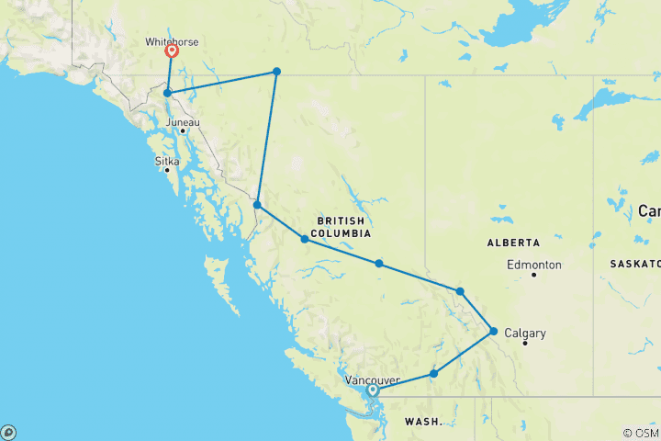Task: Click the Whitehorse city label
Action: click(x=172, y=41)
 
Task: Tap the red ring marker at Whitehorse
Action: click(x=172, y=52)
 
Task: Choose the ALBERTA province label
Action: click(x=513, y=242)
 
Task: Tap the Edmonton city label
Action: click(x=534, y=265)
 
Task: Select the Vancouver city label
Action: click(x=373, y=379)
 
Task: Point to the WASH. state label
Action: click(x=423, y=422)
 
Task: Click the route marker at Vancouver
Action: click(x=373, y=390)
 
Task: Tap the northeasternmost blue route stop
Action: click(x=276, y=72)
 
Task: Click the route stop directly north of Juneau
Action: click(x=167, y=93)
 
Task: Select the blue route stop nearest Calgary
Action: click(x=494, y=331)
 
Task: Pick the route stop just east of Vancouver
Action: click(x=433, y=374)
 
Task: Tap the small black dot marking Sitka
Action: click(x=167, y=170)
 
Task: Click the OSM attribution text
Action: click(x=641, y=433)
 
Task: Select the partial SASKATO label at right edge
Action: click(x=634, y=264)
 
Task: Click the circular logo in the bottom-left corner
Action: click(x=8, y=432)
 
